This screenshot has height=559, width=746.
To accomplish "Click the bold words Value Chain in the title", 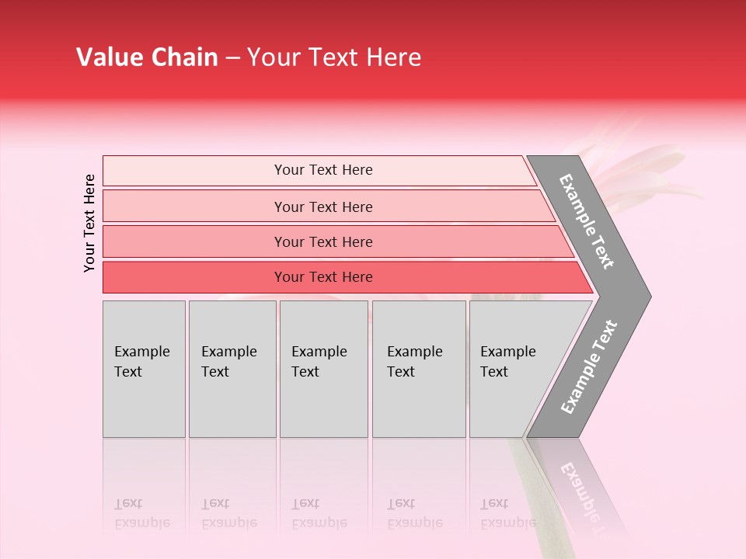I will click(x=147, y=57).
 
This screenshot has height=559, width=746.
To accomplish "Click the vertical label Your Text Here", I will click(x=89, y=223).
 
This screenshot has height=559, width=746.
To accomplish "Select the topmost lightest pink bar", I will click(x=194, y=171).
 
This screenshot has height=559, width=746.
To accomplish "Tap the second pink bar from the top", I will click(x=194, y=207).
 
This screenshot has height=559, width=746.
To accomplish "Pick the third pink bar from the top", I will click(x=194, y=241).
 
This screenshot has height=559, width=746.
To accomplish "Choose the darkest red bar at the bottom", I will click(x=194, y=277).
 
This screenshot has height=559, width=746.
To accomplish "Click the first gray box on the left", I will click(x=144, y=369).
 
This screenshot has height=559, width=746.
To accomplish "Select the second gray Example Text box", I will click(x=232, y=369).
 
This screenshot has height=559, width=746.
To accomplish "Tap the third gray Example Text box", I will click(x=323, y=369).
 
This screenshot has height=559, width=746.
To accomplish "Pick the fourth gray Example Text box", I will click(x=419, y=369).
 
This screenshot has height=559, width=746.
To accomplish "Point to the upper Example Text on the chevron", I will click(x=587, y=221).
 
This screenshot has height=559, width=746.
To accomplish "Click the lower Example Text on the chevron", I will click(x=589, y=366).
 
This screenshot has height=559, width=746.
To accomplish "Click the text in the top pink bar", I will click(x=323, y=170).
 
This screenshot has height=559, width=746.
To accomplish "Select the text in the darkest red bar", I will click(x=323, y=277).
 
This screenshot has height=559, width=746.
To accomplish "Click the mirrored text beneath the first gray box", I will click(x=141, y=513).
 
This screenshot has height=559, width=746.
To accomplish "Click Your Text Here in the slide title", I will click(x=334, y=57).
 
